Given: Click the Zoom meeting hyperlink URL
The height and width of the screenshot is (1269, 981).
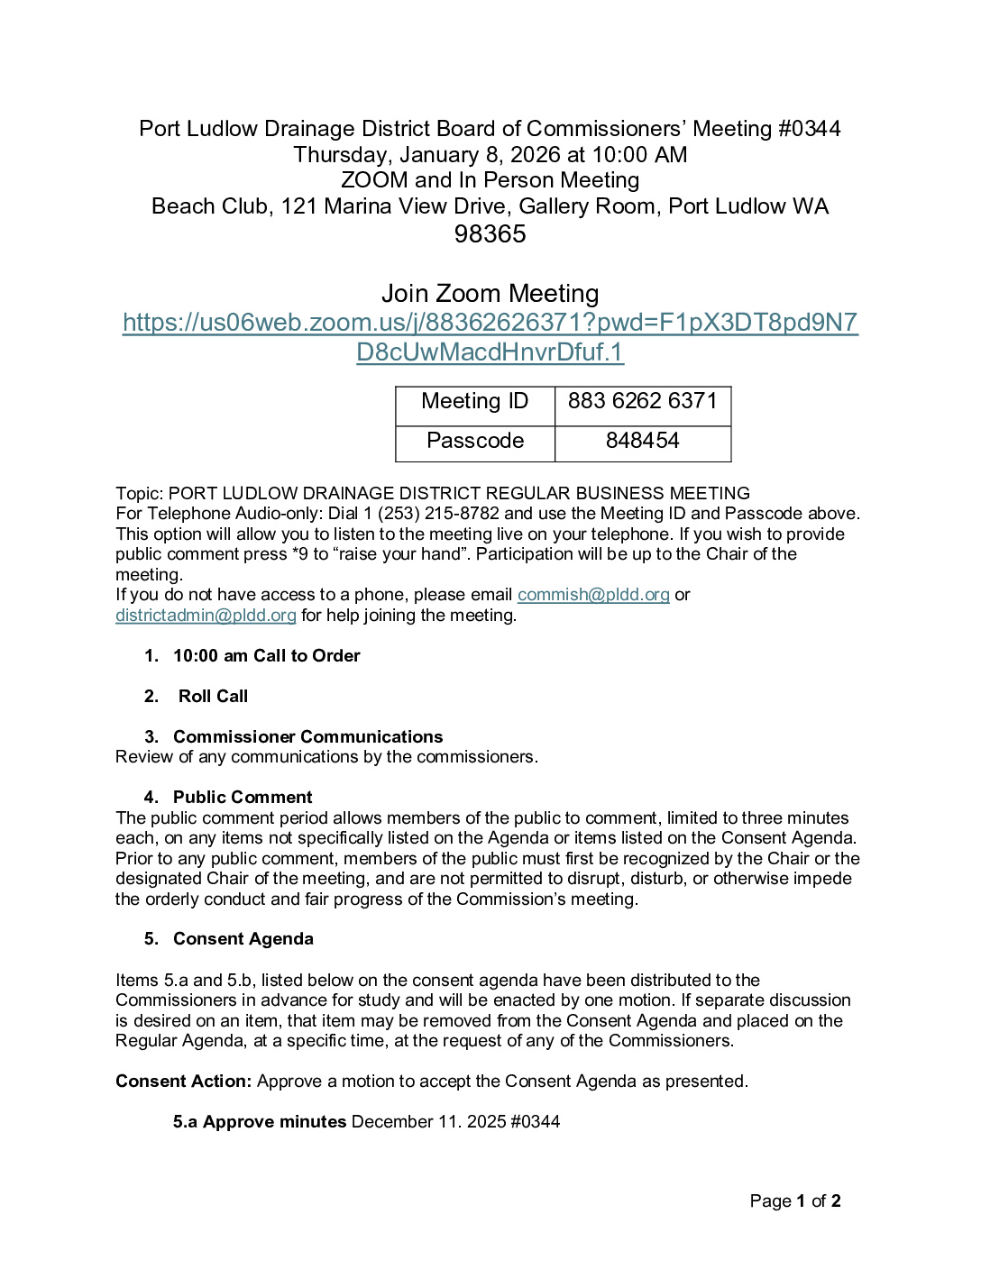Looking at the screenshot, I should click(490, 323).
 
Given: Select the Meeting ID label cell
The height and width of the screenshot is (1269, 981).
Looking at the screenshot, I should click(474, 401).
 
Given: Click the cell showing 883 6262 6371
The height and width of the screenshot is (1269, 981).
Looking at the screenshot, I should click(642, 401).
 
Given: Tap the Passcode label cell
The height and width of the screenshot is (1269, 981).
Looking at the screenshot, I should click(474, 441).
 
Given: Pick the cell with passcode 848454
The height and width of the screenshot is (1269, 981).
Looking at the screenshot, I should click(642, 441).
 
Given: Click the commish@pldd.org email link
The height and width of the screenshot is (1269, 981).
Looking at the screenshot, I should click(593, 595).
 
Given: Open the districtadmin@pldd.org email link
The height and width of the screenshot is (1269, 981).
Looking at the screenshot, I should click(206, 616).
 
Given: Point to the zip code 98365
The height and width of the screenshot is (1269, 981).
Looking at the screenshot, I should click(490, 234).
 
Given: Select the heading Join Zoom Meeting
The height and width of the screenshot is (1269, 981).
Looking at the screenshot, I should click(490, 294).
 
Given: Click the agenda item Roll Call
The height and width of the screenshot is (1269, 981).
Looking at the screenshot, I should click(213, 697).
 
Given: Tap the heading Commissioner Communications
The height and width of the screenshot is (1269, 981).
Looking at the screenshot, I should click(307, 737).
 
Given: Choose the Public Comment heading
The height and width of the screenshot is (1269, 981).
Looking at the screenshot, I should click(243, 798).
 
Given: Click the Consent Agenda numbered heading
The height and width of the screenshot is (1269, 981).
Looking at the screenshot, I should click(243, 939).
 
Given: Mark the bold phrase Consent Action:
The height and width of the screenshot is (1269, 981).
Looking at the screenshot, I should click(183, 1082).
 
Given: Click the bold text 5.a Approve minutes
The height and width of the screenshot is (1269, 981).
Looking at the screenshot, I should click(260, 1122).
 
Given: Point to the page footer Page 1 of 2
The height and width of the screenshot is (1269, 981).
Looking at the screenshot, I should click(795, 1201).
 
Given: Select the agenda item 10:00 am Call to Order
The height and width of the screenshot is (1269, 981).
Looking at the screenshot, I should click(266, 656).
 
